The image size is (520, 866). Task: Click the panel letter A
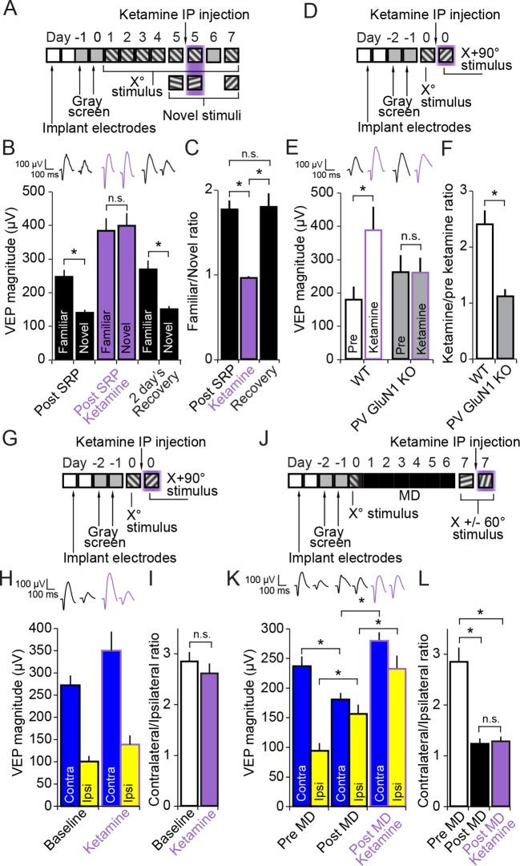[x=10, y=10]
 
